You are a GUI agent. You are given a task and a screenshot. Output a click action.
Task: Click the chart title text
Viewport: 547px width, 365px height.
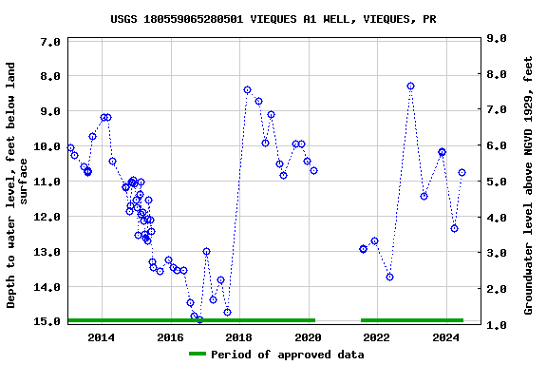point(273,18)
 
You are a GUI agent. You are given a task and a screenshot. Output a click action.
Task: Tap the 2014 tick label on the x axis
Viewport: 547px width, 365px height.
point(101,337)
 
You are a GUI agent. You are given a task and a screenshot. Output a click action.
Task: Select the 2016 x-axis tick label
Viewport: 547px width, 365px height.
point(170,337)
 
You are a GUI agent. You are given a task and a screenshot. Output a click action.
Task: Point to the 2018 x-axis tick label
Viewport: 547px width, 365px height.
point(238,337)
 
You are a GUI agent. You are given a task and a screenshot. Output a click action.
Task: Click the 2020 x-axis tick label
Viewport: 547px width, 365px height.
point(308,337)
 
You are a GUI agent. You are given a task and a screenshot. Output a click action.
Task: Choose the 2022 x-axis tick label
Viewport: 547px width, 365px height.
point(376,337)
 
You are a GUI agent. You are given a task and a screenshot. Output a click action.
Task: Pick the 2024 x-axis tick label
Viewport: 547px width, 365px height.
point(445,337)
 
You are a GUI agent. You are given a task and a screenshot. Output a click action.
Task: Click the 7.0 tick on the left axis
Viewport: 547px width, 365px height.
point(51,43)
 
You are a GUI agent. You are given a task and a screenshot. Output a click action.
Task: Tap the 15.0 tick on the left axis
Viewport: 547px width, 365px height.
point(47,322)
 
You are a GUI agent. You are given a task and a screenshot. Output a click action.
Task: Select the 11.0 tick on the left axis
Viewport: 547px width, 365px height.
point(47,182)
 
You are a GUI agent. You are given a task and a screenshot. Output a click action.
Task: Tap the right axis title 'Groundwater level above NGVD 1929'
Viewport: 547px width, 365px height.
point(529,185)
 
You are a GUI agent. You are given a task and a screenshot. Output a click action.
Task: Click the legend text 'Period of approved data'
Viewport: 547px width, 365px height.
point(287,355)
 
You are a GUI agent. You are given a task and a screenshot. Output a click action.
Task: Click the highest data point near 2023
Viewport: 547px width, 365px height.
point(410,86)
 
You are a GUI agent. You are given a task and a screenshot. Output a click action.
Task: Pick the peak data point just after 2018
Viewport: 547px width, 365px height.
point(247,89)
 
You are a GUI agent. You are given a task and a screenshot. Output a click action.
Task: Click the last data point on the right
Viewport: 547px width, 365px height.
point(462,172)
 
